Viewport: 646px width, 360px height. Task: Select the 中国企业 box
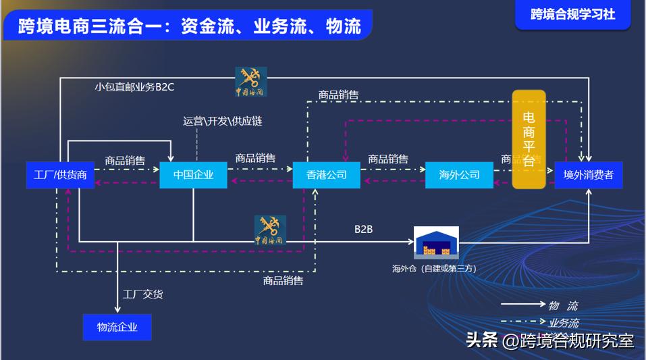click(193, 175)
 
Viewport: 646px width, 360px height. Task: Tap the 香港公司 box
click(327, 175)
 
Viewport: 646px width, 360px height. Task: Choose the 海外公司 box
click(459, 175)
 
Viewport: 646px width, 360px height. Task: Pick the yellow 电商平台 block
click(529, 138)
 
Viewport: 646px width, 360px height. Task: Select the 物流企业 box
click(117, 327)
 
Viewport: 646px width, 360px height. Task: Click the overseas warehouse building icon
click(436, 243)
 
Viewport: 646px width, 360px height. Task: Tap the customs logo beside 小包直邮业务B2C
click(250, 81)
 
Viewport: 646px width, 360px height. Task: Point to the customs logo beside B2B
click(270, 230)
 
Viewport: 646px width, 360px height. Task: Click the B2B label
click(364, 230)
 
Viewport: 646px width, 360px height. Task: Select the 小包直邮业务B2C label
click(135, 86)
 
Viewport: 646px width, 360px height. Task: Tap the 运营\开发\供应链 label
click(223, 122)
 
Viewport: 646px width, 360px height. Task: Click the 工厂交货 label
click(142, 294)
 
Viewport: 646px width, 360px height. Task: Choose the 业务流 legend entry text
click(564, 323)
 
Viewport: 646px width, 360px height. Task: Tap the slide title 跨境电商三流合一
click(189, 26)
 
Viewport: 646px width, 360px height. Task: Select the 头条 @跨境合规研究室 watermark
click(550, 340)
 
